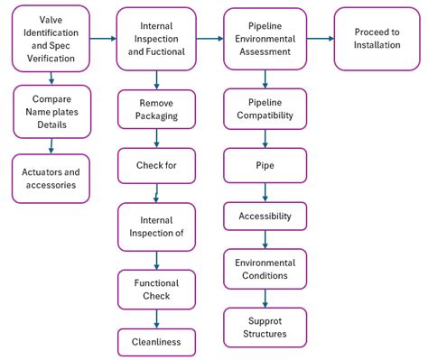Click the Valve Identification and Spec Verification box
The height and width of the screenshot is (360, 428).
[51, 39]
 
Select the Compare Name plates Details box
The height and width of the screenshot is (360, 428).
[51, 112]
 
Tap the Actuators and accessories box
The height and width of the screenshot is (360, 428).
[51, 179]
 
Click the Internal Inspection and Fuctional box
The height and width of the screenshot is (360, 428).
[156, 39]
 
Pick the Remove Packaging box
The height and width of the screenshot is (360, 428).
[156, 110]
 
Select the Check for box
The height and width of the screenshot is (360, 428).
[156, 166]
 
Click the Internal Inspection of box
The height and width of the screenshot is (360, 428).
[156, 226]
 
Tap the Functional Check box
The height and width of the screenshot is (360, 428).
[156, 290]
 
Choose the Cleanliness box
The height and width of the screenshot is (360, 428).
[156, 342]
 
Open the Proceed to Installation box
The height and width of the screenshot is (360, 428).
[377, 39]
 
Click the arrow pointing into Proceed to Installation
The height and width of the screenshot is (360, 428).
[321, 39]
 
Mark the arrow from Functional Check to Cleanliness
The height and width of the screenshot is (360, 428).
[157, 318]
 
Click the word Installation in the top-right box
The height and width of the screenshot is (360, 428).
[377, 45]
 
